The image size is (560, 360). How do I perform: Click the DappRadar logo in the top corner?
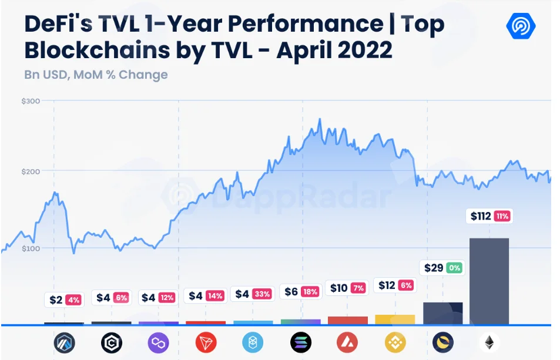click(521, 26)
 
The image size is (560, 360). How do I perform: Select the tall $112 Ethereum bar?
click(489, 281)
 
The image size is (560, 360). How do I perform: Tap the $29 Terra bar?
click(443, 313)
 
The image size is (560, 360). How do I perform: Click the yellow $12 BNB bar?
click(395, 319)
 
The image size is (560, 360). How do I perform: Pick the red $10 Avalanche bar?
click(347, 321)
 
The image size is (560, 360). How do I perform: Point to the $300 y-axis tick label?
click(31, 101)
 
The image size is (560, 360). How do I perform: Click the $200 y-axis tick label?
click(31, 171)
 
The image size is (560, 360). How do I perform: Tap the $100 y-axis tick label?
click(31, 248)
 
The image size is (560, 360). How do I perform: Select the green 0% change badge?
click(454, 268)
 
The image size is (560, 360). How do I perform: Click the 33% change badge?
click(263, 294)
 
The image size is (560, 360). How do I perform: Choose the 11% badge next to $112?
click(502, 216)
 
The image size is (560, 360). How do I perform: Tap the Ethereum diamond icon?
click(489, 342)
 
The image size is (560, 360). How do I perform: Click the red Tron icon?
click(206, 342)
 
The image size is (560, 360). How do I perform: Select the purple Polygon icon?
click(158, 342)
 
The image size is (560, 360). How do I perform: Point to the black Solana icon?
click(301, 342)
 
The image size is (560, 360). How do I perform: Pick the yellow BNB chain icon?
click(395, 342)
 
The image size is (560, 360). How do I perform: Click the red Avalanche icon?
click(347, 342)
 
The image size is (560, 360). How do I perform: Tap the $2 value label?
click(56, 300)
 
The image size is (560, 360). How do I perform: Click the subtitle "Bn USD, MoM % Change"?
click(96, 75)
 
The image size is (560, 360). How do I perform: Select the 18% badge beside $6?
click(310, 291)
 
